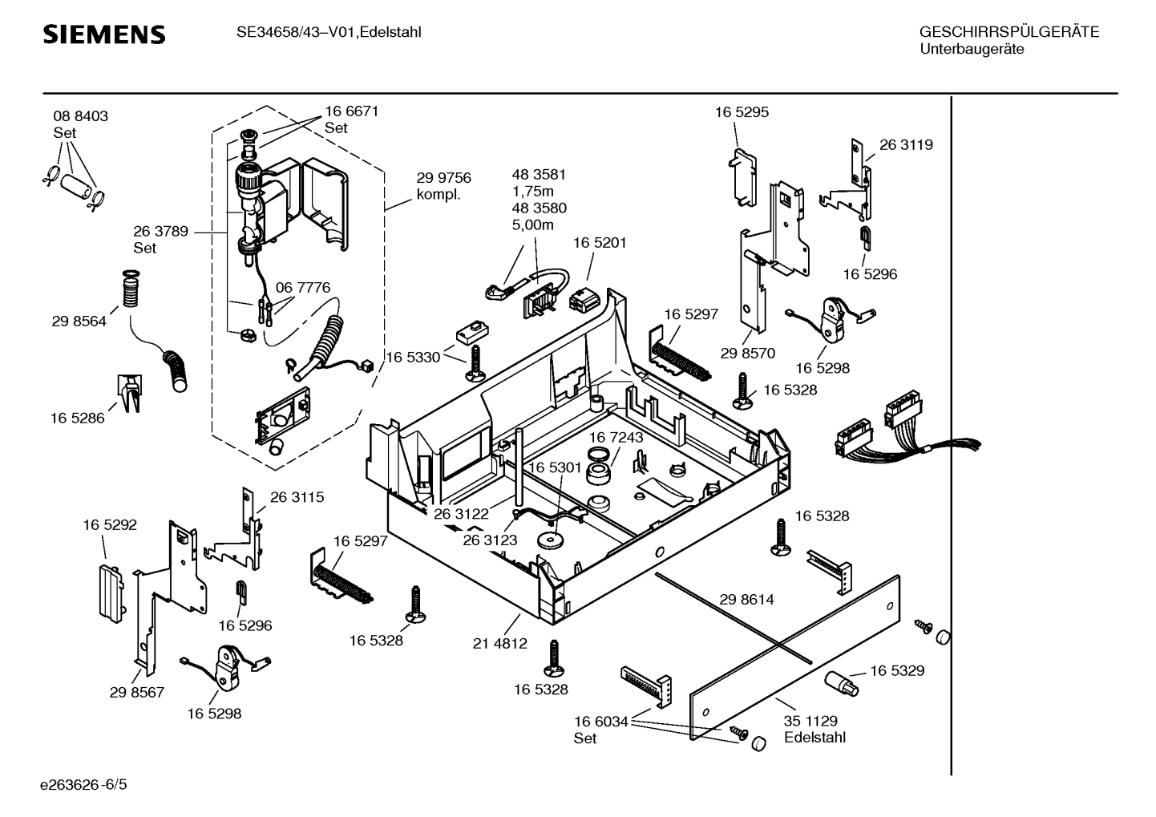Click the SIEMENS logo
pos(103,34)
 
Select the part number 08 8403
pos(80,116)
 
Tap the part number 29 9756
pos(443,178)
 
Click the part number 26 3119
pos(906,145)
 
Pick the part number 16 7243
pos(616,437)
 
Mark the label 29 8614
pos(746,599)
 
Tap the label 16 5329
pos(897,670)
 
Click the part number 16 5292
pos(110,525)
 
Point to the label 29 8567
pos(137,692)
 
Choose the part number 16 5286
pos(77,418)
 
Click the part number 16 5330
pos(414,357)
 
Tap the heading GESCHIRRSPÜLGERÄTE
pos(1008,33)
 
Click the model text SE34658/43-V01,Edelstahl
pos(329,33)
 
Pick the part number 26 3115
pos(297,497)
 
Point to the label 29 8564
pos(79,322)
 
